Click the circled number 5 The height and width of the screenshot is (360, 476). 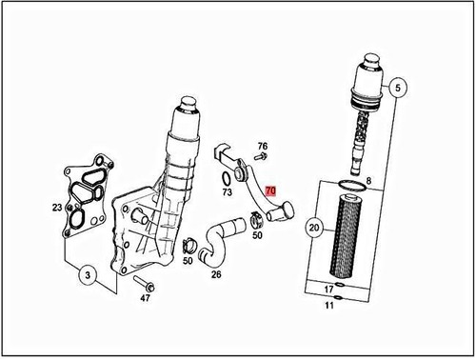(400, 87)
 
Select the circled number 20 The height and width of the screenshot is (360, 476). (313, 229)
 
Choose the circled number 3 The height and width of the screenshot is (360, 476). (87, 277)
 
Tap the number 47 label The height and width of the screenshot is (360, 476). (146, 298)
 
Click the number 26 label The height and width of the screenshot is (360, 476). (216, 274)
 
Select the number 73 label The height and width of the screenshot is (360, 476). (227, 191)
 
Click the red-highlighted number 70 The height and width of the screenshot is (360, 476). (270, 190)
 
